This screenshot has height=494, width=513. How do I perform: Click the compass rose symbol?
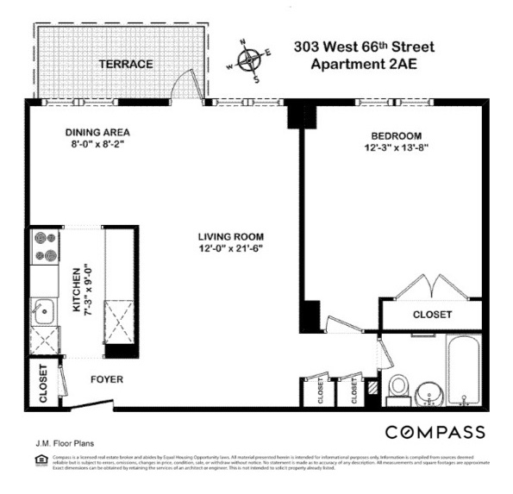pos(249,60)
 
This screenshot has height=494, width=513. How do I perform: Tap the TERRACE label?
pos(125,64)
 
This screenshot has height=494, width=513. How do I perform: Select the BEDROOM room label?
pos(396,136)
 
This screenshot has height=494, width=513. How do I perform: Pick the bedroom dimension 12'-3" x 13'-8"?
pos(396,148)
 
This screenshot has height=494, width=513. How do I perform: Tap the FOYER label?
pos(108,379)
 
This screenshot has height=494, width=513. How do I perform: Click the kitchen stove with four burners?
pos(45,247)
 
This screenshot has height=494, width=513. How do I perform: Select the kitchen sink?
pos(43,311)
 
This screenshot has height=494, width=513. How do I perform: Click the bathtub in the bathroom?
pos(466,371)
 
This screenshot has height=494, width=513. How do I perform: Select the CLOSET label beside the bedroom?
pos(432,315)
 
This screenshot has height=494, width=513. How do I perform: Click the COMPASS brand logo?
pos(434,432)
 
